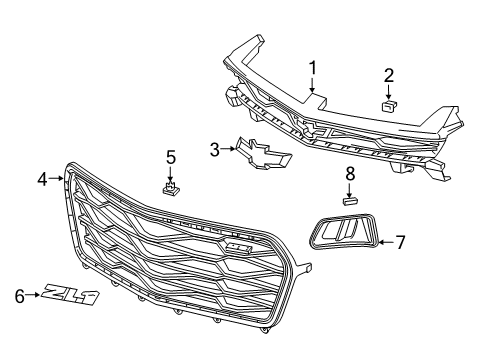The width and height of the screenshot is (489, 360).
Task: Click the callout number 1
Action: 312,69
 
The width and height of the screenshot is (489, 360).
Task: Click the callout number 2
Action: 389,73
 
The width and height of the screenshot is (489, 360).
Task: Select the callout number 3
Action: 214,150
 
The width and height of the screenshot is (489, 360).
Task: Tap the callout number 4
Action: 42,180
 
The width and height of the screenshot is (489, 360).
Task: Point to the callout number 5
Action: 170,157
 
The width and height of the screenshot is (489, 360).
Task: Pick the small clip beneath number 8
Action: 350,200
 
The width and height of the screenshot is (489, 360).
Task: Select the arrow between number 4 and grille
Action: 58,180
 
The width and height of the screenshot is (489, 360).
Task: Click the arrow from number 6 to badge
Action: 33,294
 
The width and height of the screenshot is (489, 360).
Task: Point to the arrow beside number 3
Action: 228,150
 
